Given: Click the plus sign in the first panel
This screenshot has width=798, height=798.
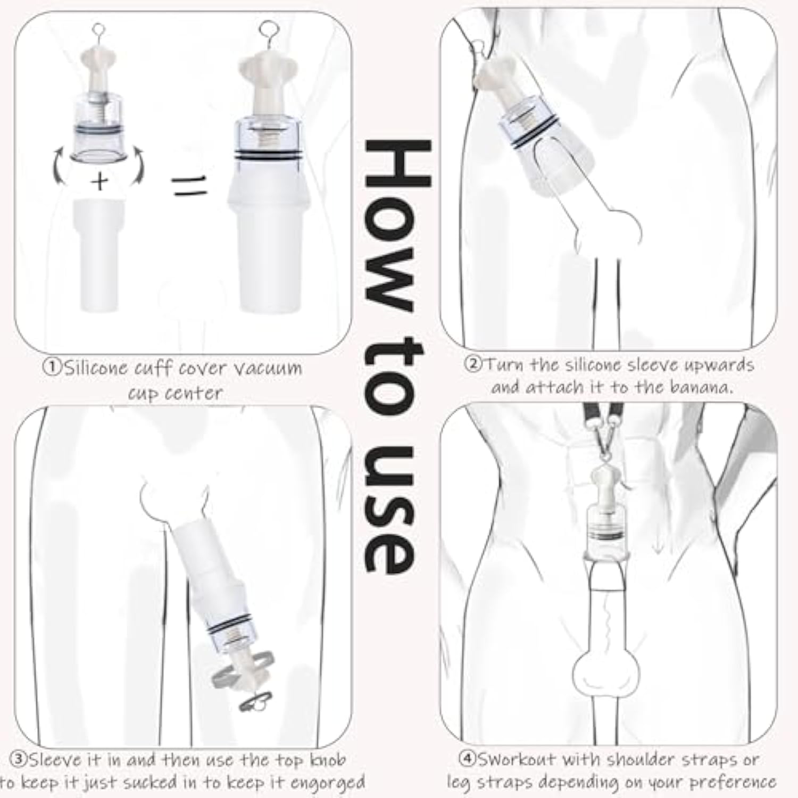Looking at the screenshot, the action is point(99,181).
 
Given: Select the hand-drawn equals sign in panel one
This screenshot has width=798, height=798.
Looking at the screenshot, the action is point(189,187).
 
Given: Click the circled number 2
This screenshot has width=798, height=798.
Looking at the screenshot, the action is point(473,364).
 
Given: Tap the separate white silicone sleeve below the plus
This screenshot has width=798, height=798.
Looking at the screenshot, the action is point(99,255).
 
